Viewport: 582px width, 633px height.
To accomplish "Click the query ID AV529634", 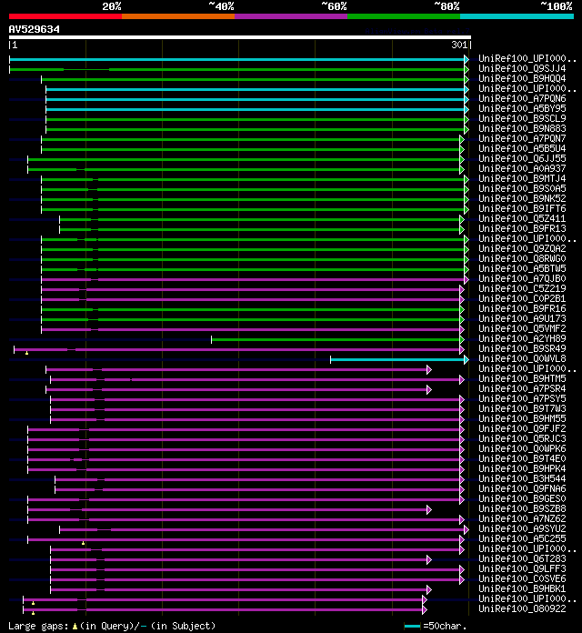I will tap(35, 29).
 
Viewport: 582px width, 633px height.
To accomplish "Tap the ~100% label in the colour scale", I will tap(556, 5).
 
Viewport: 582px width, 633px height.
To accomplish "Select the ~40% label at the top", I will tap(221, 5).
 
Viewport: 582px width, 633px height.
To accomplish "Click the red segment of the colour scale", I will tap(65, 15).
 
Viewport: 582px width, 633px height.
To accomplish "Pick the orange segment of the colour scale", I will tap(177, 15).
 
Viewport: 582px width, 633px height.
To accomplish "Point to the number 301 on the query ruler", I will tap(459, 45).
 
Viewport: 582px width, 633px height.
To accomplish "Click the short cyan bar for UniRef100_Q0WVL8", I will tap(398, 359).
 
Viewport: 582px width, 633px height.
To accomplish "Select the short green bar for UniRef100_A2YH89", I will tap(337, 339).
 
